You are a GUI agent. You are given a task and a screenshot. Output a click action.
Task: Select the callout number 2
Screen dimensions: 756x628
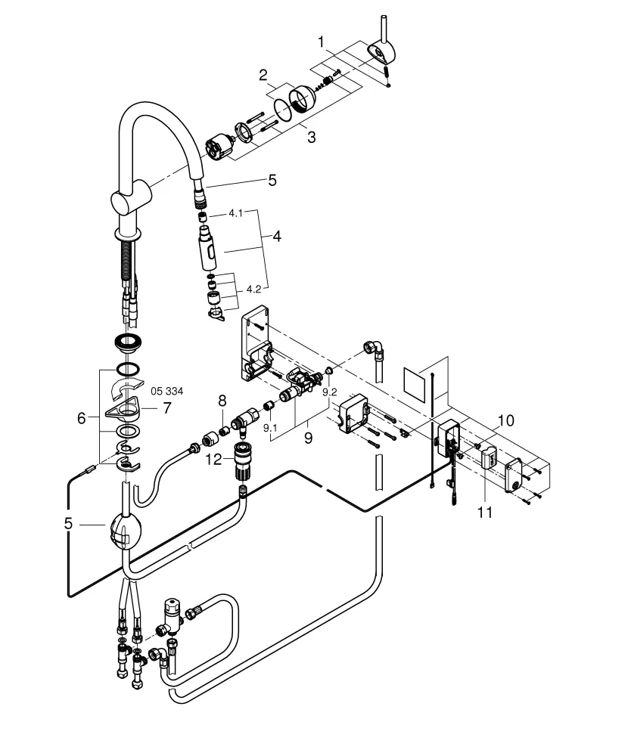point(263,75)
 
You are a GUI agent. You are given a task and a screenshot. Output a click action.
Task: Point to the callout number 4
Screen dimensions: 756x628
point(277,237)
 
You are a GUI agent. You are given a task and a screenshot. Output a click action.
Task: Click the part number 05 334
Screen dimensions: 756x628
point(167,391)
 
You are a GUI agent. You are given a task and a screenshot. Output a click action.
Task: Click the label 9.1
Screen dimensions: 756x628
point(270,428)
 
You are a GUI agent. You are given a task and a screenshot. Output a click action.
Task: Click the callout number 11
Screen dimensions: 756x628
point(484,512)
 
